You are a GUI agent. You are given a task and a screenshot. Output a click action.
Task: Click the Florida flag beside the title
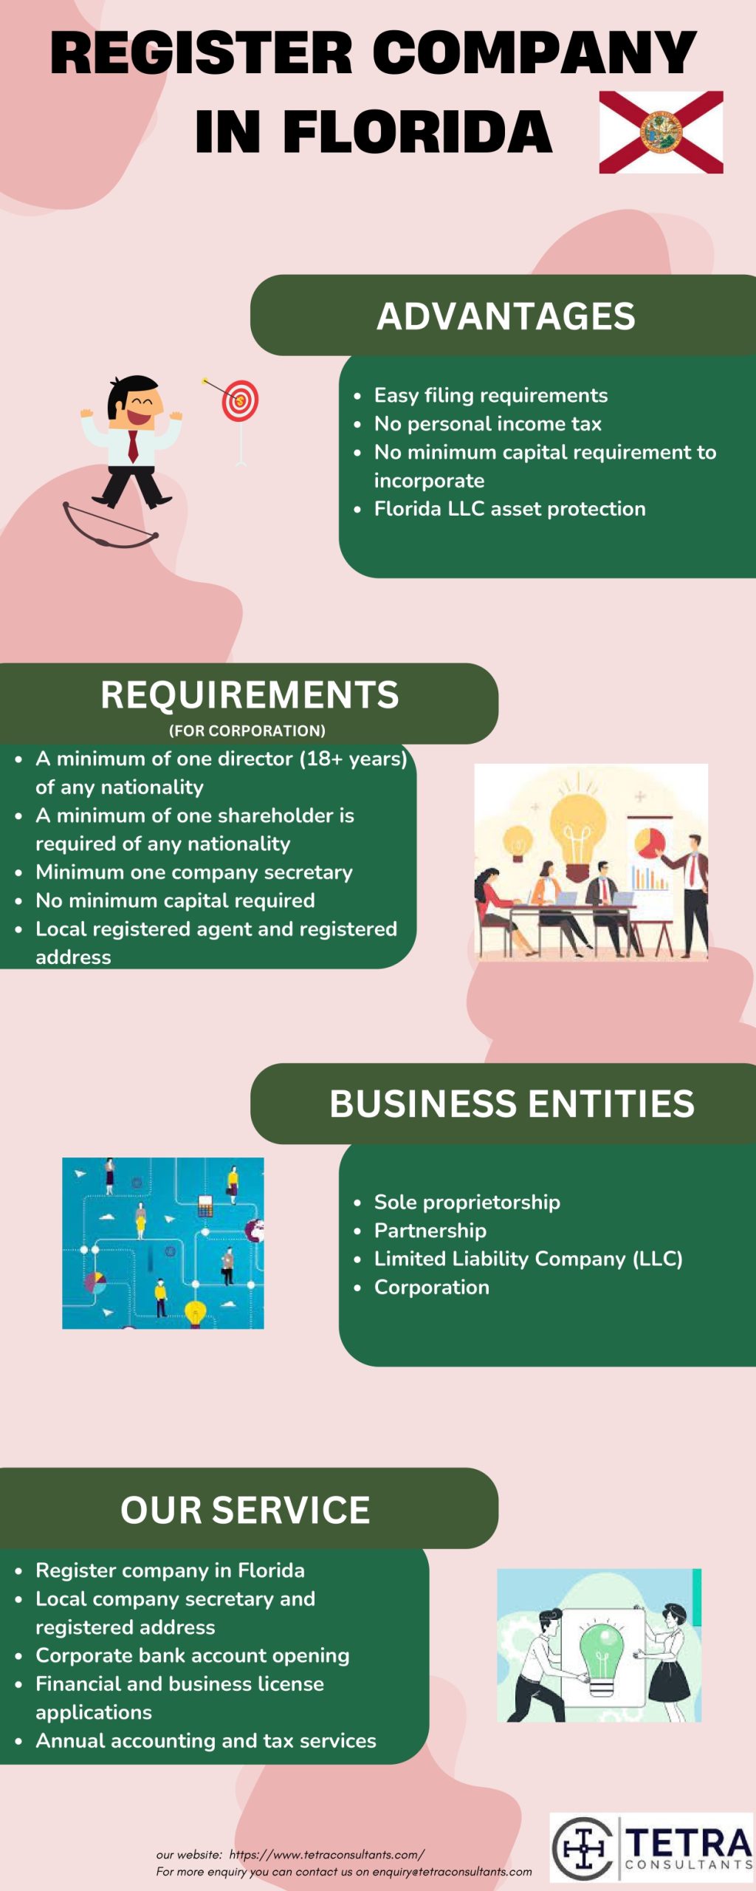pyautogui.click(x=661, y=132)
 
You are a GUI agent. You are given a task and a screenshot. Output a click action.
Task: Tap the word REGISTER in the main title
pyautogui.click(x=202, y=53)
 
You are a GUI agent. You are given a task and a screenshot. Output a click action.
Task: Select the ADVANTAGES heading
pyautogui.click(x=506, y=316)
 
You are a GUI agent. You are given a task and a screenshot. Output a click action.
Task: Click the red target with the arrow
pyautogui.click(x=241, y=401)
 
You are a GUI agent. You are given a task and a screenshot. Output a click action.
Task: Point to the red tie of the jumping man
pyautogui.click(x=133, y=446)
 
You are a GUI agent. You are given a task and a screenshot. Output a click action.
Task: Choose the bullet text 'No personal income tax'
pyautogui.click(x=487, y=424)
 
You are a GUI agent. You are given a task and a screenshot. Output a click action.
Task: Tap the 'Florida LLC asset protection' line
pyautogui.click(x=509, y=509)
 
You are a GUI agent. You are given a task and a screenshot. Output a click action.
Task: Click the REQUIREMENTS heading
pyautogui.click(x=250, y=695)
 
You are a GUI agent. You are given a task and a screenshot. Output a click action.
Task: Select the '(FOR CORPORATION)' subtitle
pyautogui.click(x=247, y=731)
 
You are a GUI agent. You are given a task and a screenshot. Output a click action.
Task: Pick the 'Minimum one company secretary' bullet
pyautogui.click(x=194, y=872)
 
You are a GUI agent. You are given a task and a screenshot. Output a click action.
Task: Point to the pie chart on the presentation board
pyautogui.click(x=650, y=843)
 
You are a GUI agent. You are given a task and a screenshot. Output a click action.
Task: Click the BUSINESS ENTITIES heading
pyautogui.click(x=512, y=1104)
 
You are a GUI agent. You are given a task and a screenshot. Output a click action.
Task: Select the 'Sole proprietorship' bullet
pyautogui.click(x=467, y=1203)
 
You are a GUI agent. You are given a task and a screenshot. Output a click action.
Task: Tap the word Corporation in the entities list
pyautogui.click(x=432, y=1288)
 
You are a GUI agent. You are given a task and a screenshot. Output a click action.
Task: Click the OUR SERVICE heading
pyautogui.click(x=245, y=1510)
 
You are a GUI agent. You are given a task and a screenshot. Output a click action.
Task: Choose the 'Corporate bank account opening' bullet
pyautogui.click(x=192, y=1655)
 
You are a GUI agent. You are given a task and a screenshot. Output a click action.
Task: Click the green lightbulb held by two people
pyautogui.click(x=602, y=1652)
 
